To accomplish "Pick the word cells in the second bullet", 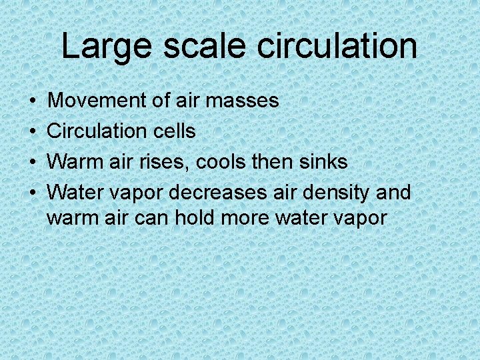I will pyautogui.click(x=175, y=131).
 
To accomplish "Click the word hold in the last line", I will pyautogui.click(x=195, y=217).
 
